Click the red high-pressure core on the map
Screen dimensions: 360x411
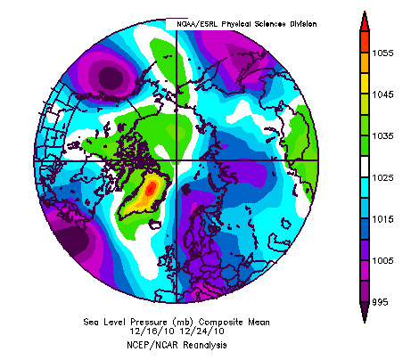coord(152,188)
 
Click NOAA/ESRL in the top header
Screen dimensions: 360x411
coord(193,23)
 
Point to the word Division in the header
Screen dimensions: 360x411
coord(302,23)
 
